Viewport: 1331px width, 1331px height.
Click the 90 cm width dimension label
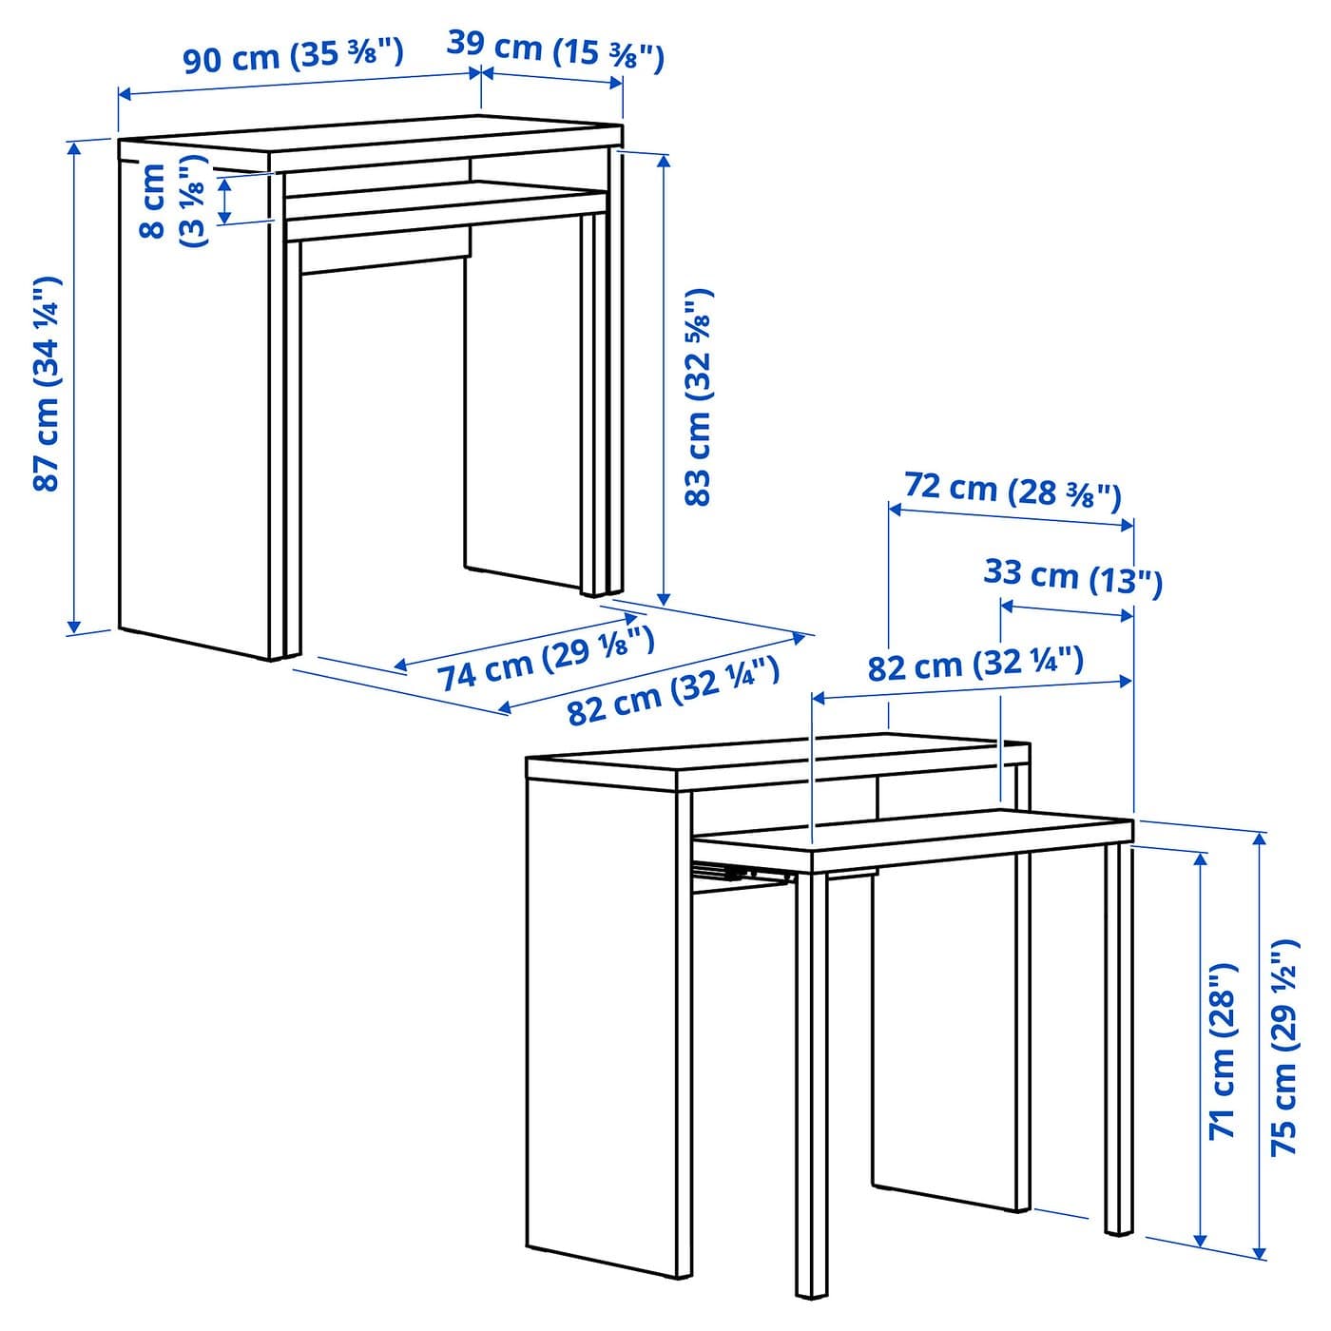point(293,54)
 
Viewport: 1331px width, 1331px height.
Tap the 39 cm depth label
point(555,49)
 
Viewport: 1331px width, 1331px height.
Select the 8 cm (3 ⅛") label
point(173,201)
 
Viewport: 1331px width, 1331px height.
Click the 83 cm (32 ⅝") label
point(698,397)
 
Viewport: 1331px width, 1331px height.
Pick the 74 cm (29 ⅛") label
point(545,656)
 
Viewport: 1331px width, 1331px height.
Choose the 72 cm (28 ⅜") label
point(1013,492)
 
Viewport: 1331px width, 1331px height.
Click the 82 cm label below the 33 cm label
point(975,665)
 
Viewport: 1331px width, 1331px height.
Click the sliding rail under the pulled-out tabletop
point(743,874)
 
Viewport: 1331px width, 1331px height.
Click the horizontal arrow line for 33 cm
point(1067,610)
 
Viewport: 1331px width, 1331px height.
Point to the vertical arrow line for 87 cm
point(74,387)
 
